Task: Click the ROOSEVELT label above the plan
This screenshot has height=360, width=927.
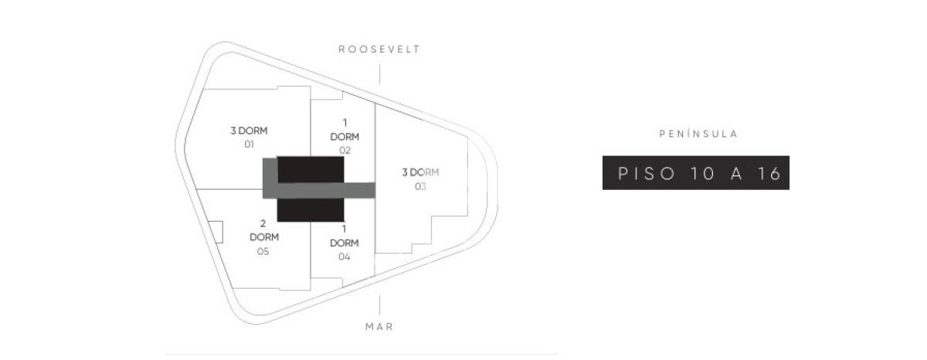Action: (379, 49)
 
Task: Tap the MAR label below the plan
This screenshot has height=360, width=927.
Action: (379, 327)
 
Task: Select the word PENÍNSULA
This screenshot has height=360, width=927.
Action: (698, 134)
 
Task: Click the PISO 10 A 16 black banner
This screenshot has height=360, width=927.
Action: (696, 173)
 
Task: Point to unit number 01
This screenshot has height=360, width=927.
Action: (249, 144)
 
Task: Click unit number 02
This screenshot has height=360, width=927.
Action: (345, 150)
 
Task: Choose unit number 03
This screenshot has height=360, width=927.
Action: (420, 187)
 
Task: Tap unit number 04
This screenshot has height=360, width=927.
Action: (345, 257)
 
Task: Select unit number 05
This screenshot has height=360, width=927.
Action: (263, 251)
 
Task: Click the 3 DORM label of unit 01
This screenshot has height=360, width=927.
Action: (249, 131)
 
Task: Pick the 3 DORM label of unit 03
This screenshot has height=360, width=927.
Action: (420, 172)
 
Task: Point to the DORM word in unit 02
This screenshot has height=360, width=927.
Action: (345, 137)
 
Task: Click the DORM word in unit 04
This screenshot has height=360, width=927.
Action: (345, 243)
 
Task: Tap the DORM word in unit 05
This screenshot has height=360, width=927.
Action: (264, 237)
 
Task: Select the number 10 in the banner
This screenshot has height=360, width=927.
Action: (702, 173)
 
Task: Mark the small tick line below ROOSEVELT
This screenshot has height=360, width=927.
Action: (379, 74)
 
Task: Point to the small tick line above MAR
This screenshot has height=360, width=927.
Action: (379, 305)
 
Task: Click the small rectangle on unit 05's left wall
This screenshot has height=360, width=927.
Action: (216, 232)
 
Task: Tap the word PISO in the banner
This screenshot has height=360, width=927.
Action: (647, 173)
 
